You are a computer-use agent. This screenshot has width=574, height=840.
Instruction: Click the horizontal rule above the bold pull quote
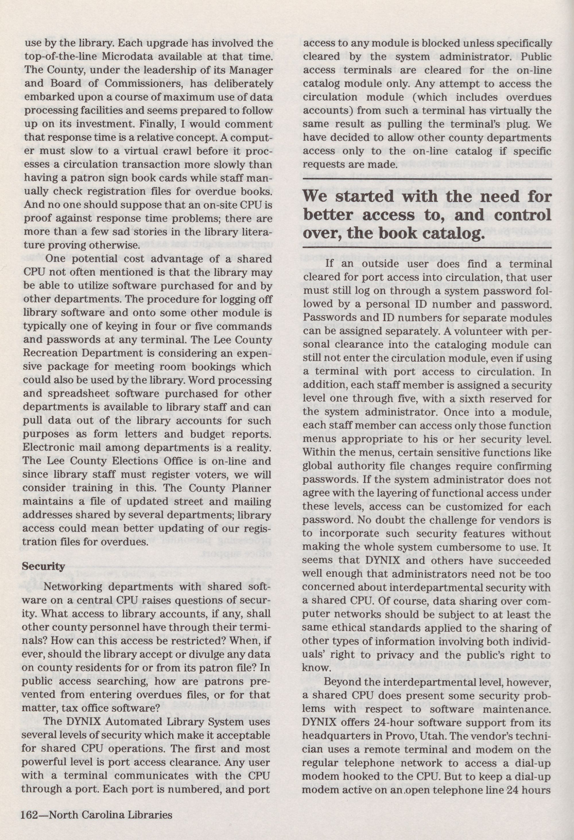click(427, 179)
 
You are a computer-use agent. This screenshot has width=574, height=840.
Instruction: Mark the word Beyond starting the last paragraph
click(342, 682)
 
